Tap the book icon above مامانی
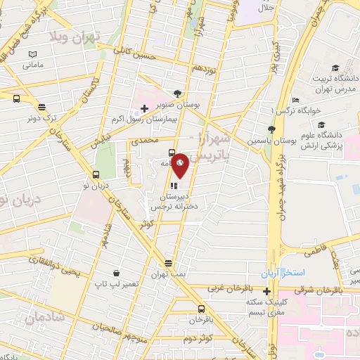pos(32,54)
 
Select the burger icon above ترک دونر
pos(42,108)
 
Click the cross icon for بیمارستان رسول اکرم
pos(145,109)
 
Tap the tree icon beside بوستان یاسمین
pos(271,129)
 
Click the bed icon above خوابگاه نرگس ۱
pos(295,99)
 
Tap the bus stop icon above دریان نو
pos(96,175)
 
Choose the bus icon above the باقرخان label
pos(201,309)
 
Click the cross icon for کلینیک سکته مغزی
pos(267,291)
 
